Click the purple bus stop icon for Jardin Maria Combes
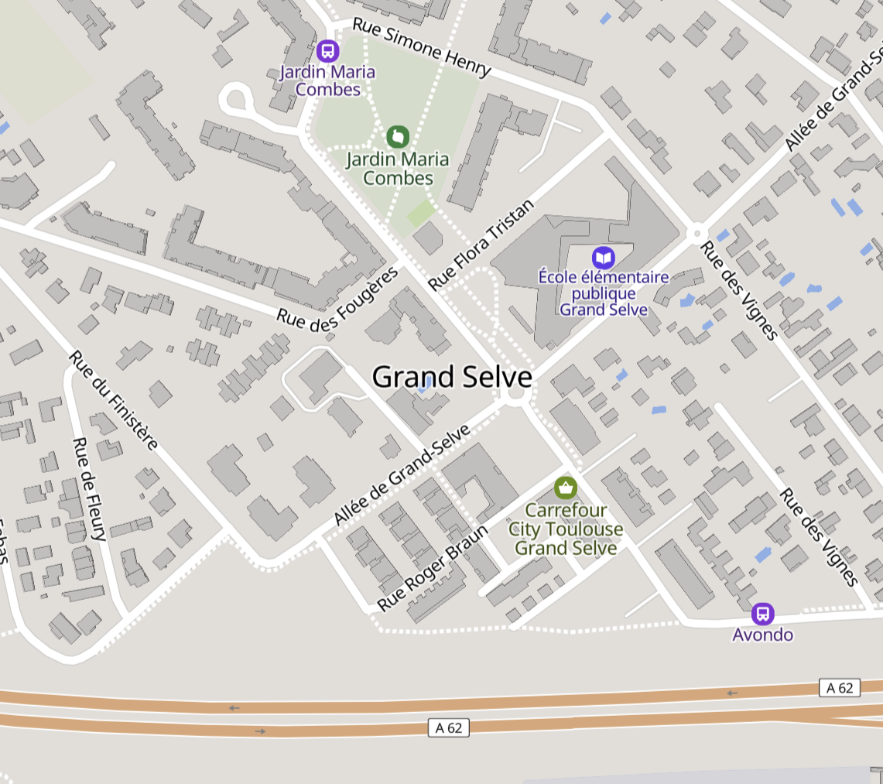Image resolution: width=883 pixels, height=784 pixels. [x=327, y=52]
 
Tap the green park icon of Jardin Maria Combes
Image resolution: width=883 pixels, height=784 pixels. [x=397, y=138]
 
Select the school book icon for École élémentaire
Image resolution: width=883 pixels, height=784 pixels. [x=603, y=258]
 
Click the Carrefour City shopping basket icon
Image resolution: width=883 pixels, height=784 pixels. [x=566, y=488]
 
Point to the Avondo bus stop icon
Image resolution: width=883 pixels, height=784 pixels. [x=763, y=615]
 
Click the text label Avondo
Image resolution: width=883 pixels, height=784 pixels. [x=763, y=635]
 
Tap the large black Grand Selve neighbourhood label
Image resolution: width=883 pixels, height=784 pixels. [x=452, y=377]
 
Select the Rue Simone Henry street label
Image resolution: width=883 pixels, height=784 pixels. [x=422, y=47]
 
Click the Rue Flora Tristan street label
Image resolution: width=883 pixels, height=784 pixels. [x=481, y=245]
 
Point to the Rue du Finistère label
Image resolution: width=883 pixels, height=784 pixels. [x=114, y=400]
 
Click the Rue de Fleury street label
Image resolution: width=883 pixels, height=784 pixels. [x=89, y=489]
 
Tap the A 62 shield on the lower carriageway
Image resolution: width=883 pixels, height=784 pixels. [x=449, y=728]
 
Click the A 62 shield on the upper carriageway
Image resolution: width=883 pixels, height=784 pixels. [x=840, y=687]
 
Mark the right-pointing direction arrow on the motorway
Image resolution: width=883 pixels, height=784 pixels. [x=260, y=731]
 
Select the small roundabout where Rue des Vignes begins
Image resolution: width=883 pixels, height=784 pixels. [x=696, y=231]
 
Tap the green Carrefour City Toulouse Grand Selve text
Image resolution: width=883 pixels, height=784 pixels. [x=566, y=529]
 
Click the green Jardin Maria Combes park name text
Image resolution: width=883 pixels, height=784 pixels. [x=398, y=169]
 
